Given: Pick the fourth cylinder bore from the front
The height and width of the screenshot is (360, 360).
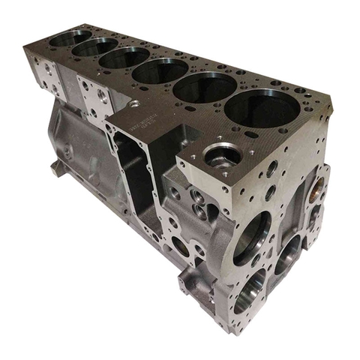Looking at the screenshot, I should pyautogui.click(x=126, y=57).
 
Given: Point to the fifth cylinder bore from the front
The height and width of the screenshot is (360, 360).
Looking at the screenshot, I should pyautogui.click(x=95, y=46).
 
